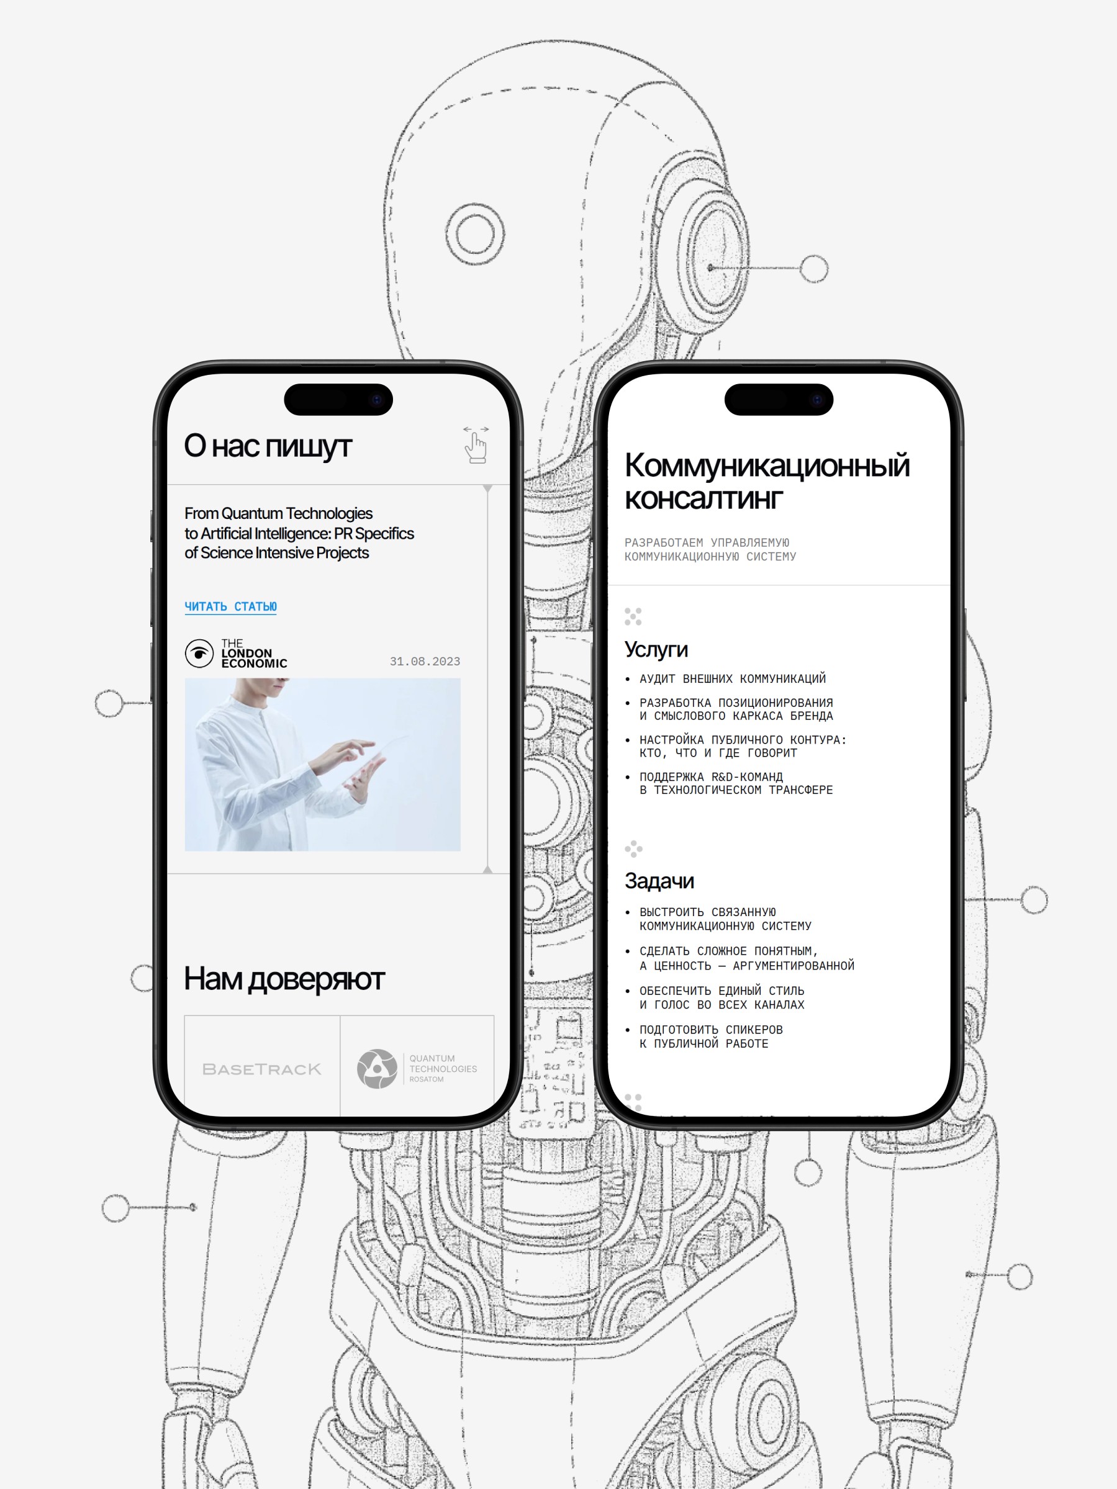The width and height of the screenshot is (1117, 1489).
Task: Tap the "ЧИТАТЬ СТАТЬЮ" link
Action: pos(230,606)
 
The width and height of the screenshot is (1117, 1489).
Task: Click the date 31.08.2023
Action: pos(425,662)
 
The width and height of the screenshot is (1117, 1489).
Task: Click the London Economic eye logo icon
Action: pos(199,654)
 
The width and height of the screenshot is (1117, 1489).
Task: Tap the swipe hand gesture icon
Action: pos(476,444)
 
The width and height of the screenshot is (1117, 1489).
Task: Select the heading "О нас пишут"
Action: pos(268,446)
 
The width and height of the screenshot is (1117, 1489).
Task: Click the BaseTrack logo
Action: pos(262,1069)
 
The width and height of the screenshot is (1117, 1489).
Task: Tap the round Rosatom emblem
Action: pos(377,1068)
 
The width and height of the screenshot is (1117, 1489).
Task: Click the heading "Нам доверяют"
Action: pos(284,979)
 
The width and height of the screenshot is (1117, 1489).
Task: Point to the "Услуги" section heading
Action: pos(656,650)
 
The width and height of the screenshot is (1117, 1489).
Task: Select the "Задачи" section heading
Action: pos(659,881)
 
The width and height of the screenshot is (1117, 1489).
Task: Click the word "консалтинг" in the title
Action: pos(703,499)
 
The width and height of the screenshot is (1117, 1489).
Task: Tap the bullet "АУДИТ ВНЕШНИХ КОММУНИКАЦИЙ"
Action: pos(733,678)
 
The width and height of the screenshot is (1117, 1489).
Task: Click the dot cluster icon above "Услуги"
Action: pos(633,616)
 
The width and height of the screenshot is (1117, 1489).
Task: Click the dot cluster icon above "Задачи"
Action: pos(633,849)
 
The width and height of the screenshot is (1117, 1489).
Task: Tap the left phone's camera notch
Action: pos(338,400)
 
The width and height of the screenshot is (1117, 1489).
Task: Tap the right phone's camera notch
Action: pos(779,400)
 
